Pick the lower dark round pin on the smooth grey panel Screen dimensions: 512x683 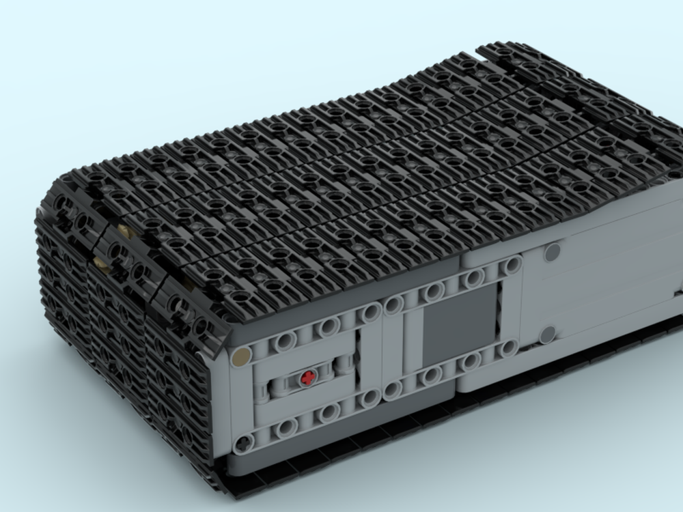(546, 335)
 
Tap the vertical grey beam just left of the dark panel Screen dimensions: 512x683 (410, 341)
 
